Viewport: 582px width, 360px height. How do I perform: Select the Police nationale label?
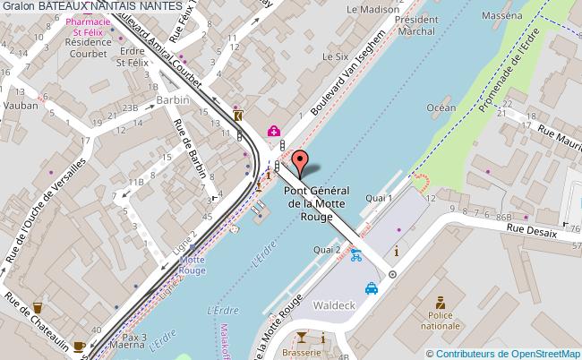[x=439, y=320]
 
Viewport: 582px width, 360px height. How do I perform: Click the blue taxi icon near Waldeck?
[x=371, y=288]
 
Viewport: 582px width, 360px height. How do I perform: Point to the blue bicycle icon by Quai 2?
[x=356, y=254]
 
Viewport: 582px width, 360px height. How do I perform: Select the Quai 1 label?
[x=380, y=197]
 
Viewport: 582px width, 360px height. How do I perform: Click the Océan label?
[x=441, y=107]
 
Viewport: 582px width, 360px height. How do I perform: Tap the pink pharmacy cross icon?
[x=274, y=131]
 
